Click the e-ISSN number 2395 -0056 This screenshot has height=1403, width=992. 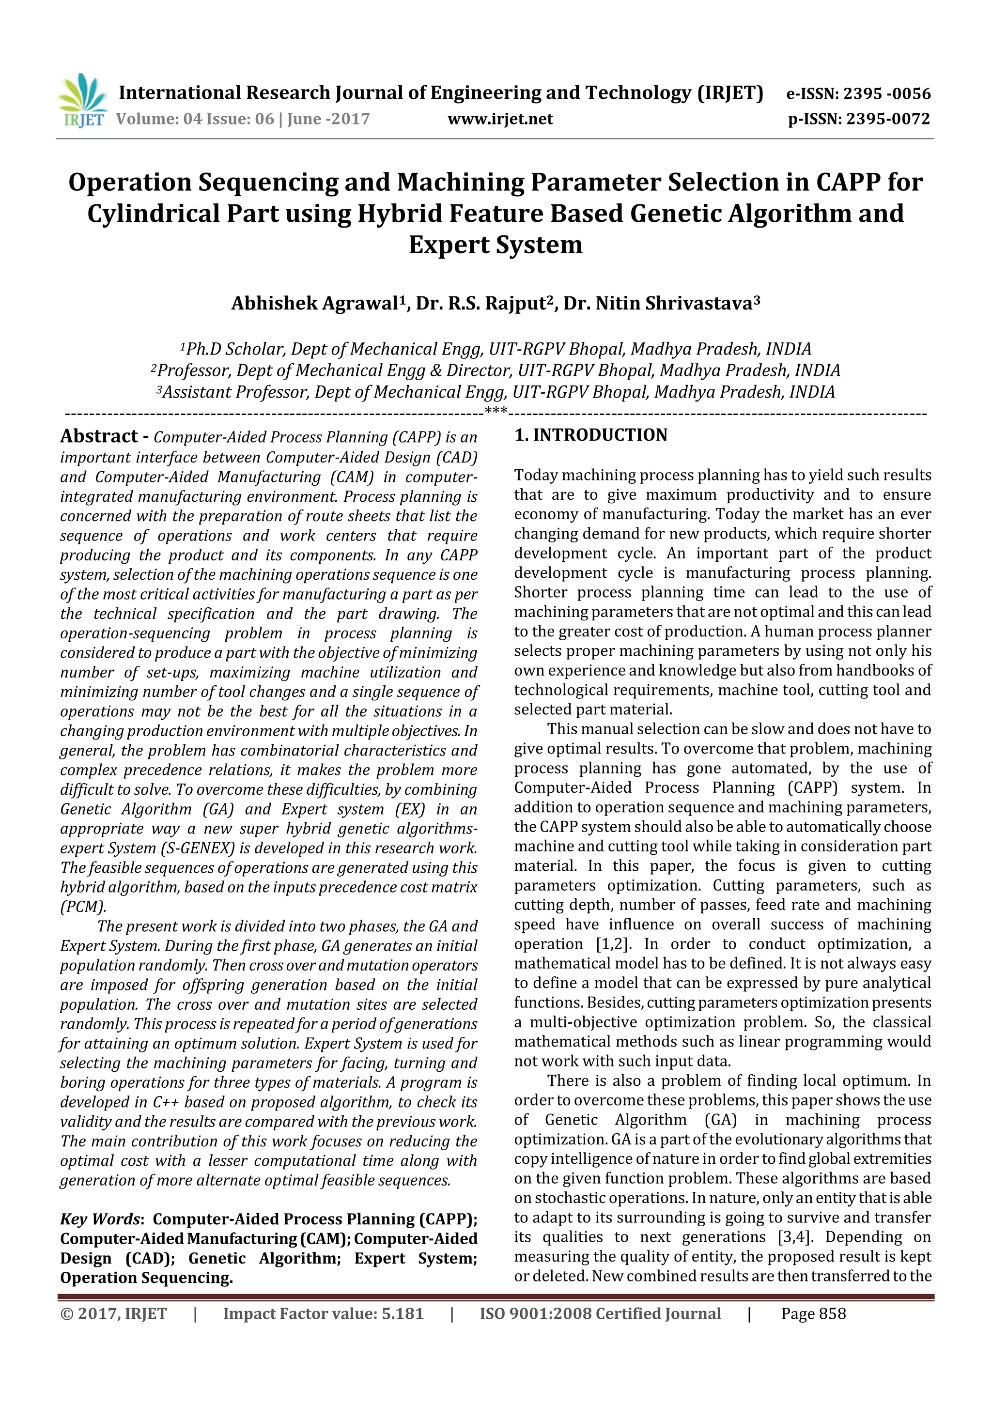click(x=886, y=93)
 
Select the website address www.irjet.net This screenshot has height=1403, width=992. click(x=500, y=119)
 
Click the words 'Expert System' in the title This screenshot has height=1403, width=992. click(x=495, y=245)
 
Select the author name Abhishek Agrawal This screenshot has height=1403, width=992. click(x=314, y=304)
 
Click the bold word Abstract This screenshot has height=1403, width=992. click(x=98, y=436)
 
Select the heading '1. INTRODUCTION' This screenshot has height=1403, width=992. click(x=590, y=435)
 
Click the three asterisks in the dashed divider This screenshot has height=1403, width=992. click(x=496, y=411)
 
